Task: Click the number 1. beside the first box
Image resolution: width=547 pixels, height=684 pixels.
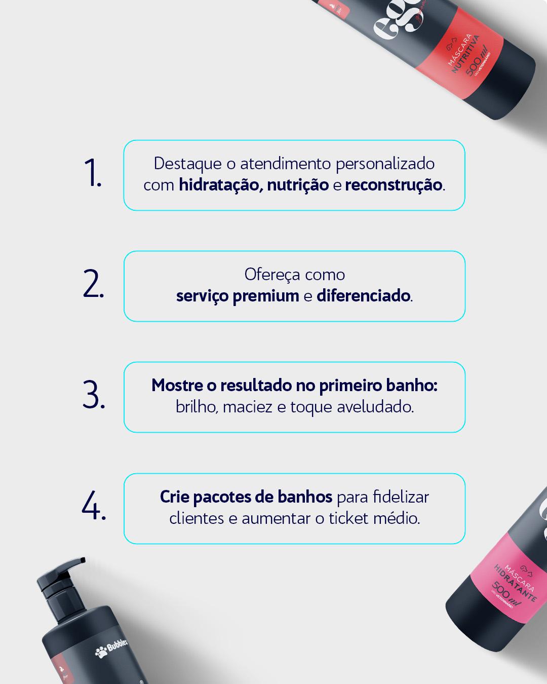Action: pos(93,173)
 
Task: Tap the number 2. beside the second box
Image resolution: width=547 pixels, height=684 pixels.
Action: pos(94,284)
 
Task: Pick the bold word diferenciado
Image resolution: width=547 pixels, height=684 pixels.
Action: pos(363,296)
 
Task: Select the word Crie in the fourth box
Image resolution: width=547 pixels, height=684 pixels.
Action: pos(175,497)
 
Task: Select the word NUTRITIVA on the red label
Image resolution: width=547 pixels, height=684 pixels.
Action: pos(466,54)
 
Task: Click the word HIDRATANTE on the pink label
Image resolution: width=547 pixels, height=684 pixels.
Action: pos(515,583)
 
